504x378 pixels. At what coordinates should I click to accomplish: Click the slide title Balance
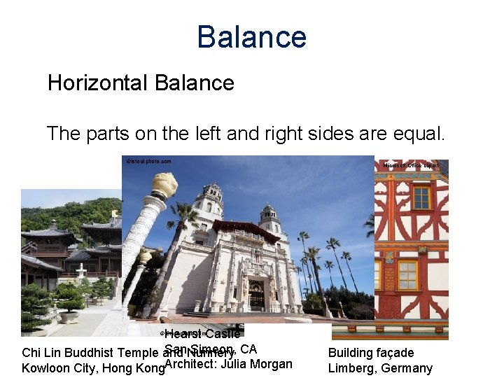click(x=251, y=37)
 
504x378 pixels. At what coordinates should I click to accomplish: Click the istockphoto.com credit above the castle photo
click(x=148, y=162)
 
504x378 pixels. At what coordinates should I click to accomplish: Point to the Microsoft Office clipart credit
click(x=411, y=166)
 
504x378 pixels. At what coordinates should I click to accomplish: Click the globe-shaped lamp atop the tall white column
click(x=164, y=183)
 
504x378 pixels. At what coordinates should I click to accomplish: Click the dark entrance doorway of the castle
click(x=257, y=295)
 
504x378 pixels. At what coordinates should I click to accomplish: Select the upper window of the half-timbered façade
click(x=422, y=198)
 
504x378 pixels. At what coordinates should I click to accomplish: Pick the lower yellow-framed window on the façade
click(x=407, y=274)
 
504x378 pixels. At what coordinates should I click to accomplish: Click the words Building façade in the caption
click(x=371, y=353)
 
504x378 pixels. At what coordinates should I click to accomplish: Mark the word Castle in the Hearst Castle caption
click(x=223, y=334)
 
